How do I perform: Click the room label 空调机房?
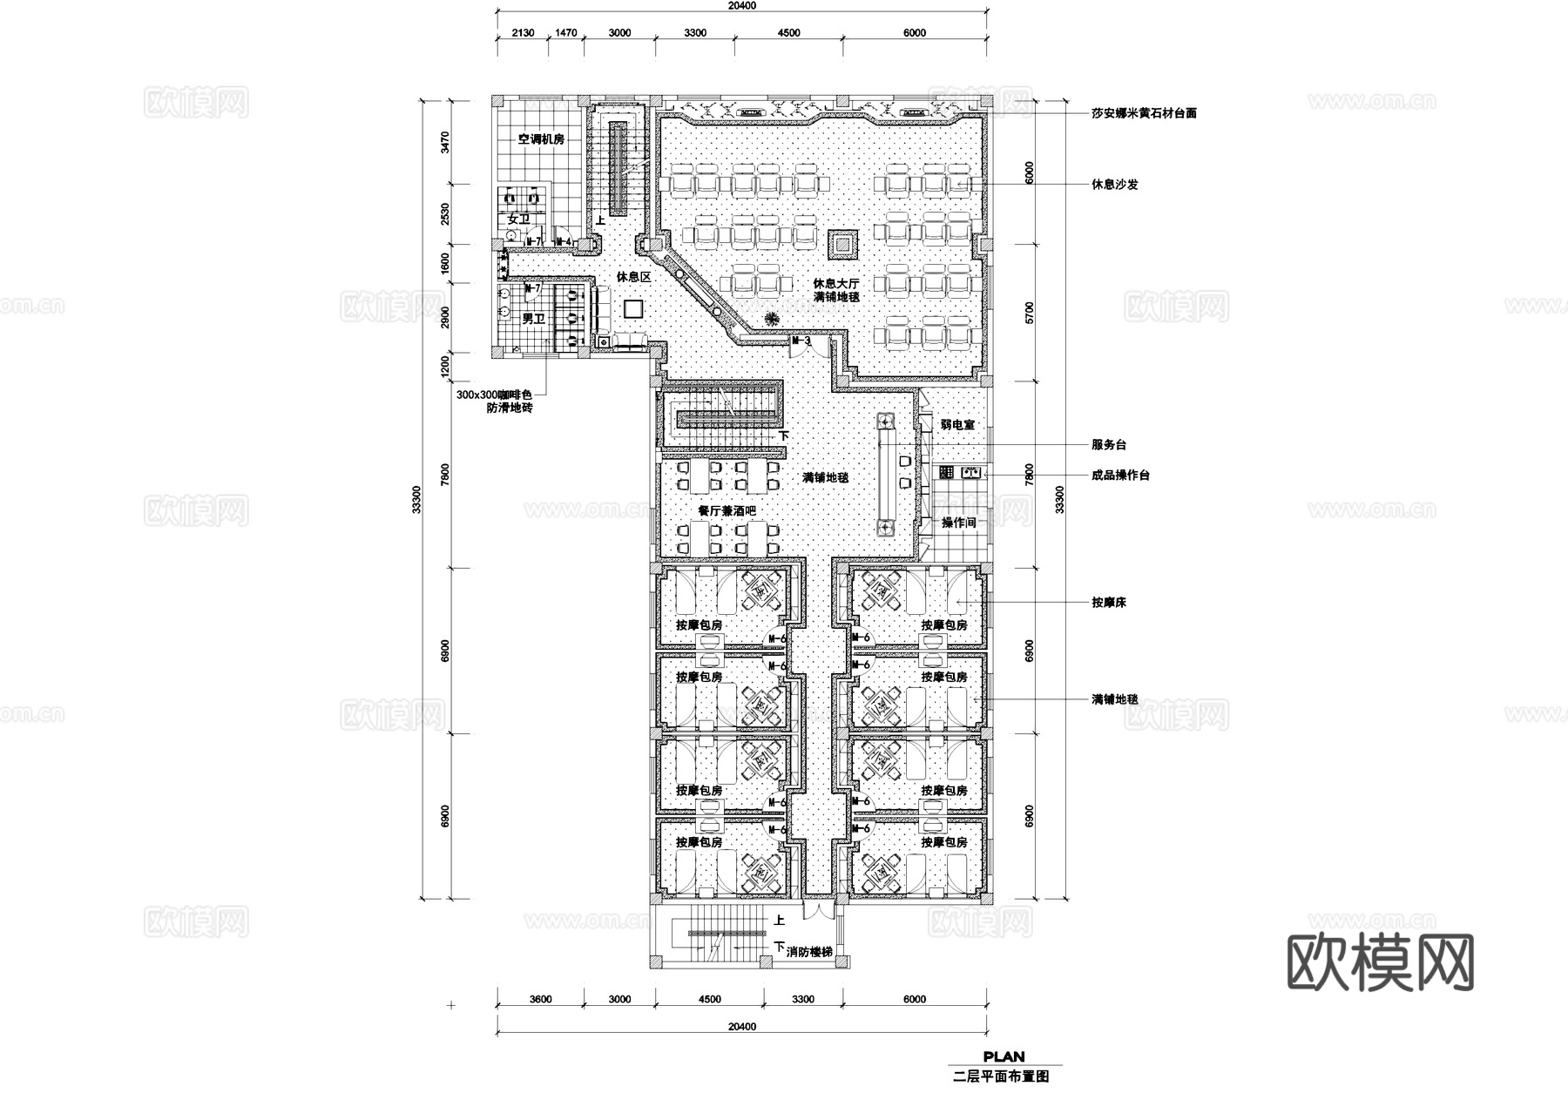click(541, 139)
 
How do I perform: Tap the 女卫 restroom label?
click(518, 219)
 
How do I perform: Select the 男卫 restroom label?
click(532, 320)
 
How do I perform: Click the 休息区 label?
click(634, 277)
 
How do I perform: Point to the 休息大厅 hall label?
click(836, 284)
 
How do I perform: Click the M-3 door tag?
click(800, 341)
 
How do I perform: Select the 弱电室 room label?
click(957, 425)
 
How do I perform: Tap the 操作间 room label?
click(958, 523)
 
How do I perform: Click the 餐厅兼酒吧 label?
click(727, 511)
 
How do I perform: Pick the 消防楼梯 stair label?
click(808, 952)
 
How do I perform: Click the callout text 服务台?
click(1108, 445)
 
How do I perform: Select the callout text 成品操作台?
click(1120, 476)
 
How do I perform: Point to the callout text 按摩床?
click(1108, 602)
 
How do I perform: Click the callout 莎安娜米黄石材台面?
click(1143, 113)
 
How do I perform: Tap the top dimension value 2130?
click(523, 33)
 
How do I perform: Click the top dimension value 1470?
click(565, 33)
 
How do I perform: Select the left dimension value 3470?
click(445, 142)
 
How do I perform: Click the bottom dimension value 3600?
click(540, 1000)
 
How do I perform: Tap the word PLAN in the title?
click(1004, 1057)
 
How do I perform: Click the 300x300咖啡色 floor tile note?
click(493, 395)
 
